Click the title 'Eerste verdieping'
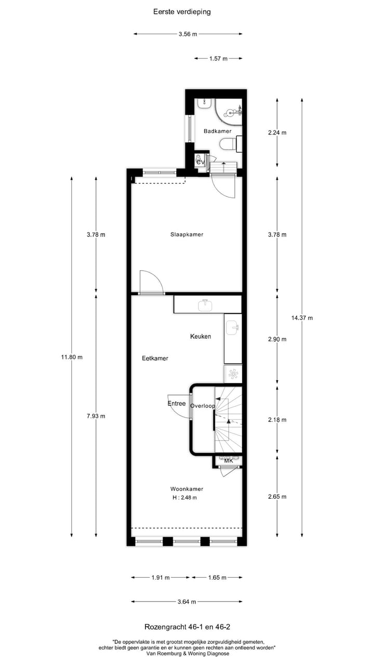[182, 11]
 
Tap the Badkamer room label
[217, 131]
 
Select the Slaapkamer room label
[186, 234]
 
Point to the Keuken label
[201, 337]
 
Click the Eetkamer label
[155, 358]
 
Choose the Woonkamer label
[186, 489]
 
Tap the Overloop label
[202, 406]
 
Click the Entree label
[177, 404]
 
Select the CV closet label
[200, 163]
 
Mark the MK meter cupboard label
[229, 460]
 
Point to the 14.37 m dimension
[302, 318]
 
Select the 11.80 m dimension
[71, 357]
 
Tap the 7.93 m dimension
[96, 416]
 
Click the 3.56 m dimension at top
[188, 34]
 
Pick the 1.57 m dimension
[218, 59]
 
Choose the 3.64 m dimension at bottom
[186, 602]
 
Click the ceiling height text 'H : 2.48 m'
[184, 498]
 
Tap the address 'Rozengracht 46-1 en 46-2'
[186, 628]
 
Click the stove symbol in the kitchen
[233, 374]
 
